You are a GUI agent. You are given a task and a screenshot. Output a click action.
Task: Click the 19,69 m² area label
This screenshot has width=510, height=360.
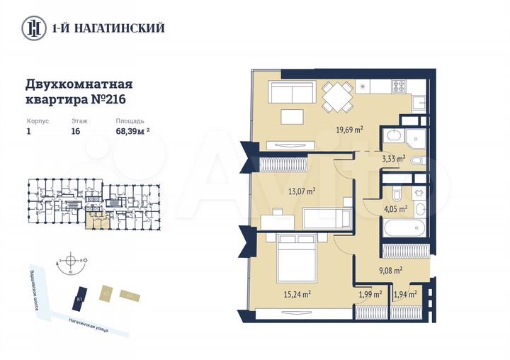coord(349,129)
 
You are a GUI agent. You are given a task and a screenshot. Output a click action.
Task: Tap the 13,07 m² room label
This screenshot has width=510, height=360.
coord(301,191)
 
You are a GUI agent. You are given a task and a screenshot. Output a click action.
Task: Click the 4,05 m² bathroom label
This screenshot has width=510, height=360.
coord(395,209)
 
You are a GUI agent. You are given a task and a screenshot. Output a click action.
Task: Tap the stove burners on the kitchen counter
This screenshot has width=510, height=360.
coord(398,88)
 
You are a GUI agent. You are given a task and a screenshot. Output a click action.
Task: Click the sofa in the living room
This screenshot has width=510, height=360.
coord(292,93)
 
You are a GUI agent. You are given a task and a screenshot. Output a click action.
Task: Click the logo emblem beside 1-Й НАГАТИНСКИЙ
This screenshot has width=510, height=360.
coord(32,28)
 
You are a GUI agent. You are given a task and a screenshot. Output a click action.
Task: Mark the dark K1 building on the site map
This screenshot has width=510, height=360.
coord(81,297)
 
